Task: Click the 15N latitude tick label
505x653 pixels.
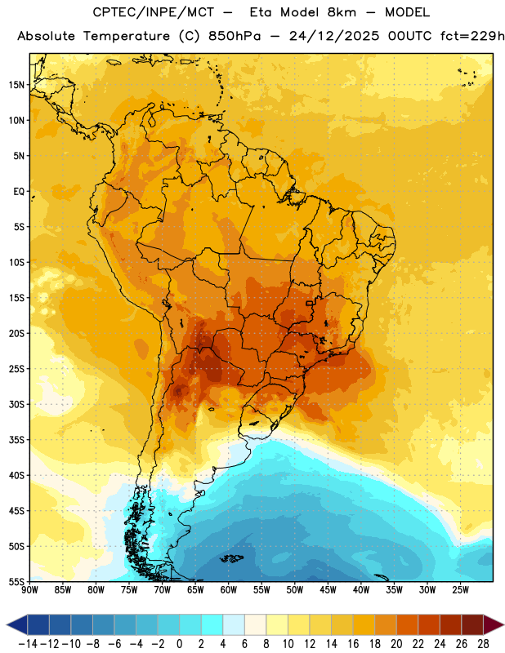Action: pyautogui.click(x=16, y=85)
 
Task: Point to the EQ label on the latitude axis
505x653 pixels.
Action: pyautogui.click(x=19, y=192)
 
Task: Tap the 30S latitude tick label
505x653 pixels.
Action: pyautogui.click(x=16, y=404)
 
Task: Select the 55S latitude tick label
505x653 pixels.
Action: pyautogui.click(x=16, y=582)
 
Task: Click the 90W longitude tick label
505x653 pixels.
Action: pyautogui.click(x=29, y=590)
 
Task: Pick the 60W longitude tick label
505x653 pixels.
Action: pyautogui.click(x=229, y=590)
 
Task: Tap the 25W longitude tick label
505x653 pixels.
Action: pyautogui.click(x=460, y=590)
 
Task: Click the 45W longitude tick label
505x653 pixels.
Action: pyautogui.click(x=328, y=590)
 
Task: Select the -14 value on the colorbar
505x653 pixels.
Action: pyautogui.click(x=28, y=644)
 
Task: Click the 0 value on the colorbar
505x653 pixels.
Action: pyautogui.click(x=179, y=644)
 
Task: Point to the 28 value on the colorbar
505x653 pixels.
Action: pyautogui.click(x=483, y=644)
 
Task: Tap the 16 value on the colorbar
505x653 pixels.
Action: pyautogui.click(x=353, y=644)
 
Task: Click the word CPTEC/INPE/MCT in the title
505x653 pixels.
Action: pyautogui.click(x=154, y=12)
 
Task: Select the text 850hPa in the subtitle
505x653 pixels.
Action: pyautogui.click(x=235, y=36)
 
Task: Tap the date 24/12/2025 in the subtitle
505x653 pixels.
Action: pyautogui.click(x=334, y=36)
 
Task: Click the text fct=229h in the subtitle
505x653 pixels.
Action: pyautogui.click(x=472, y=36)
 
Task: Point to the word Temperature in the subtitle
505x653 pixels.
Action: pyautogui.click(x=127, y=37)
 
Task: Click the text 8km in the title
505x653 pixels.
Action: pyautogui.click(x=342, y=12)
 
